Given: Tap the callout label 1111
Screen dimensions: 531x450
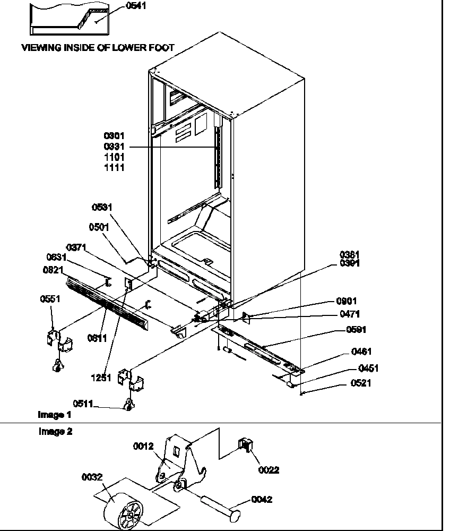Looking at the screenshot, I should click(115, 167).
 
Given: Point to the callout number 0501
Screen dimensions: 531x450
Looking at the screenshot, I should click(99, 227).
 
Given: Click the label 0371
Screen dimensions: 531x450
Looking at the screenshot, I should click(76, 247).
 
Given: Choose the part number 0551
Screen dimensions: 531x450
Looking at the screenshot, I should click(50, 299).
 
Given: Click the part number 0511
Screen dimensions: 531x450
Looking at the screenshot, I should click(83, 405).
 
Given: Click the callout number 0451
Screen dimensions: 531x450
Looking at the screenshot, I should click(369, 369).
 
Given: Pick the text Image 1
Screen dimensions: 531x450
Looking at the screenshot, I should click(54, 414).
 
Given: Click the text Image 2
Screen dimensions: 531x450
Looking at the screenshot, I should click(55, 432).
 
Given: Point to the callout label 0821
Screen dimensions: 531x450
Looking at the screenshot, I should click(54, 270).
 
